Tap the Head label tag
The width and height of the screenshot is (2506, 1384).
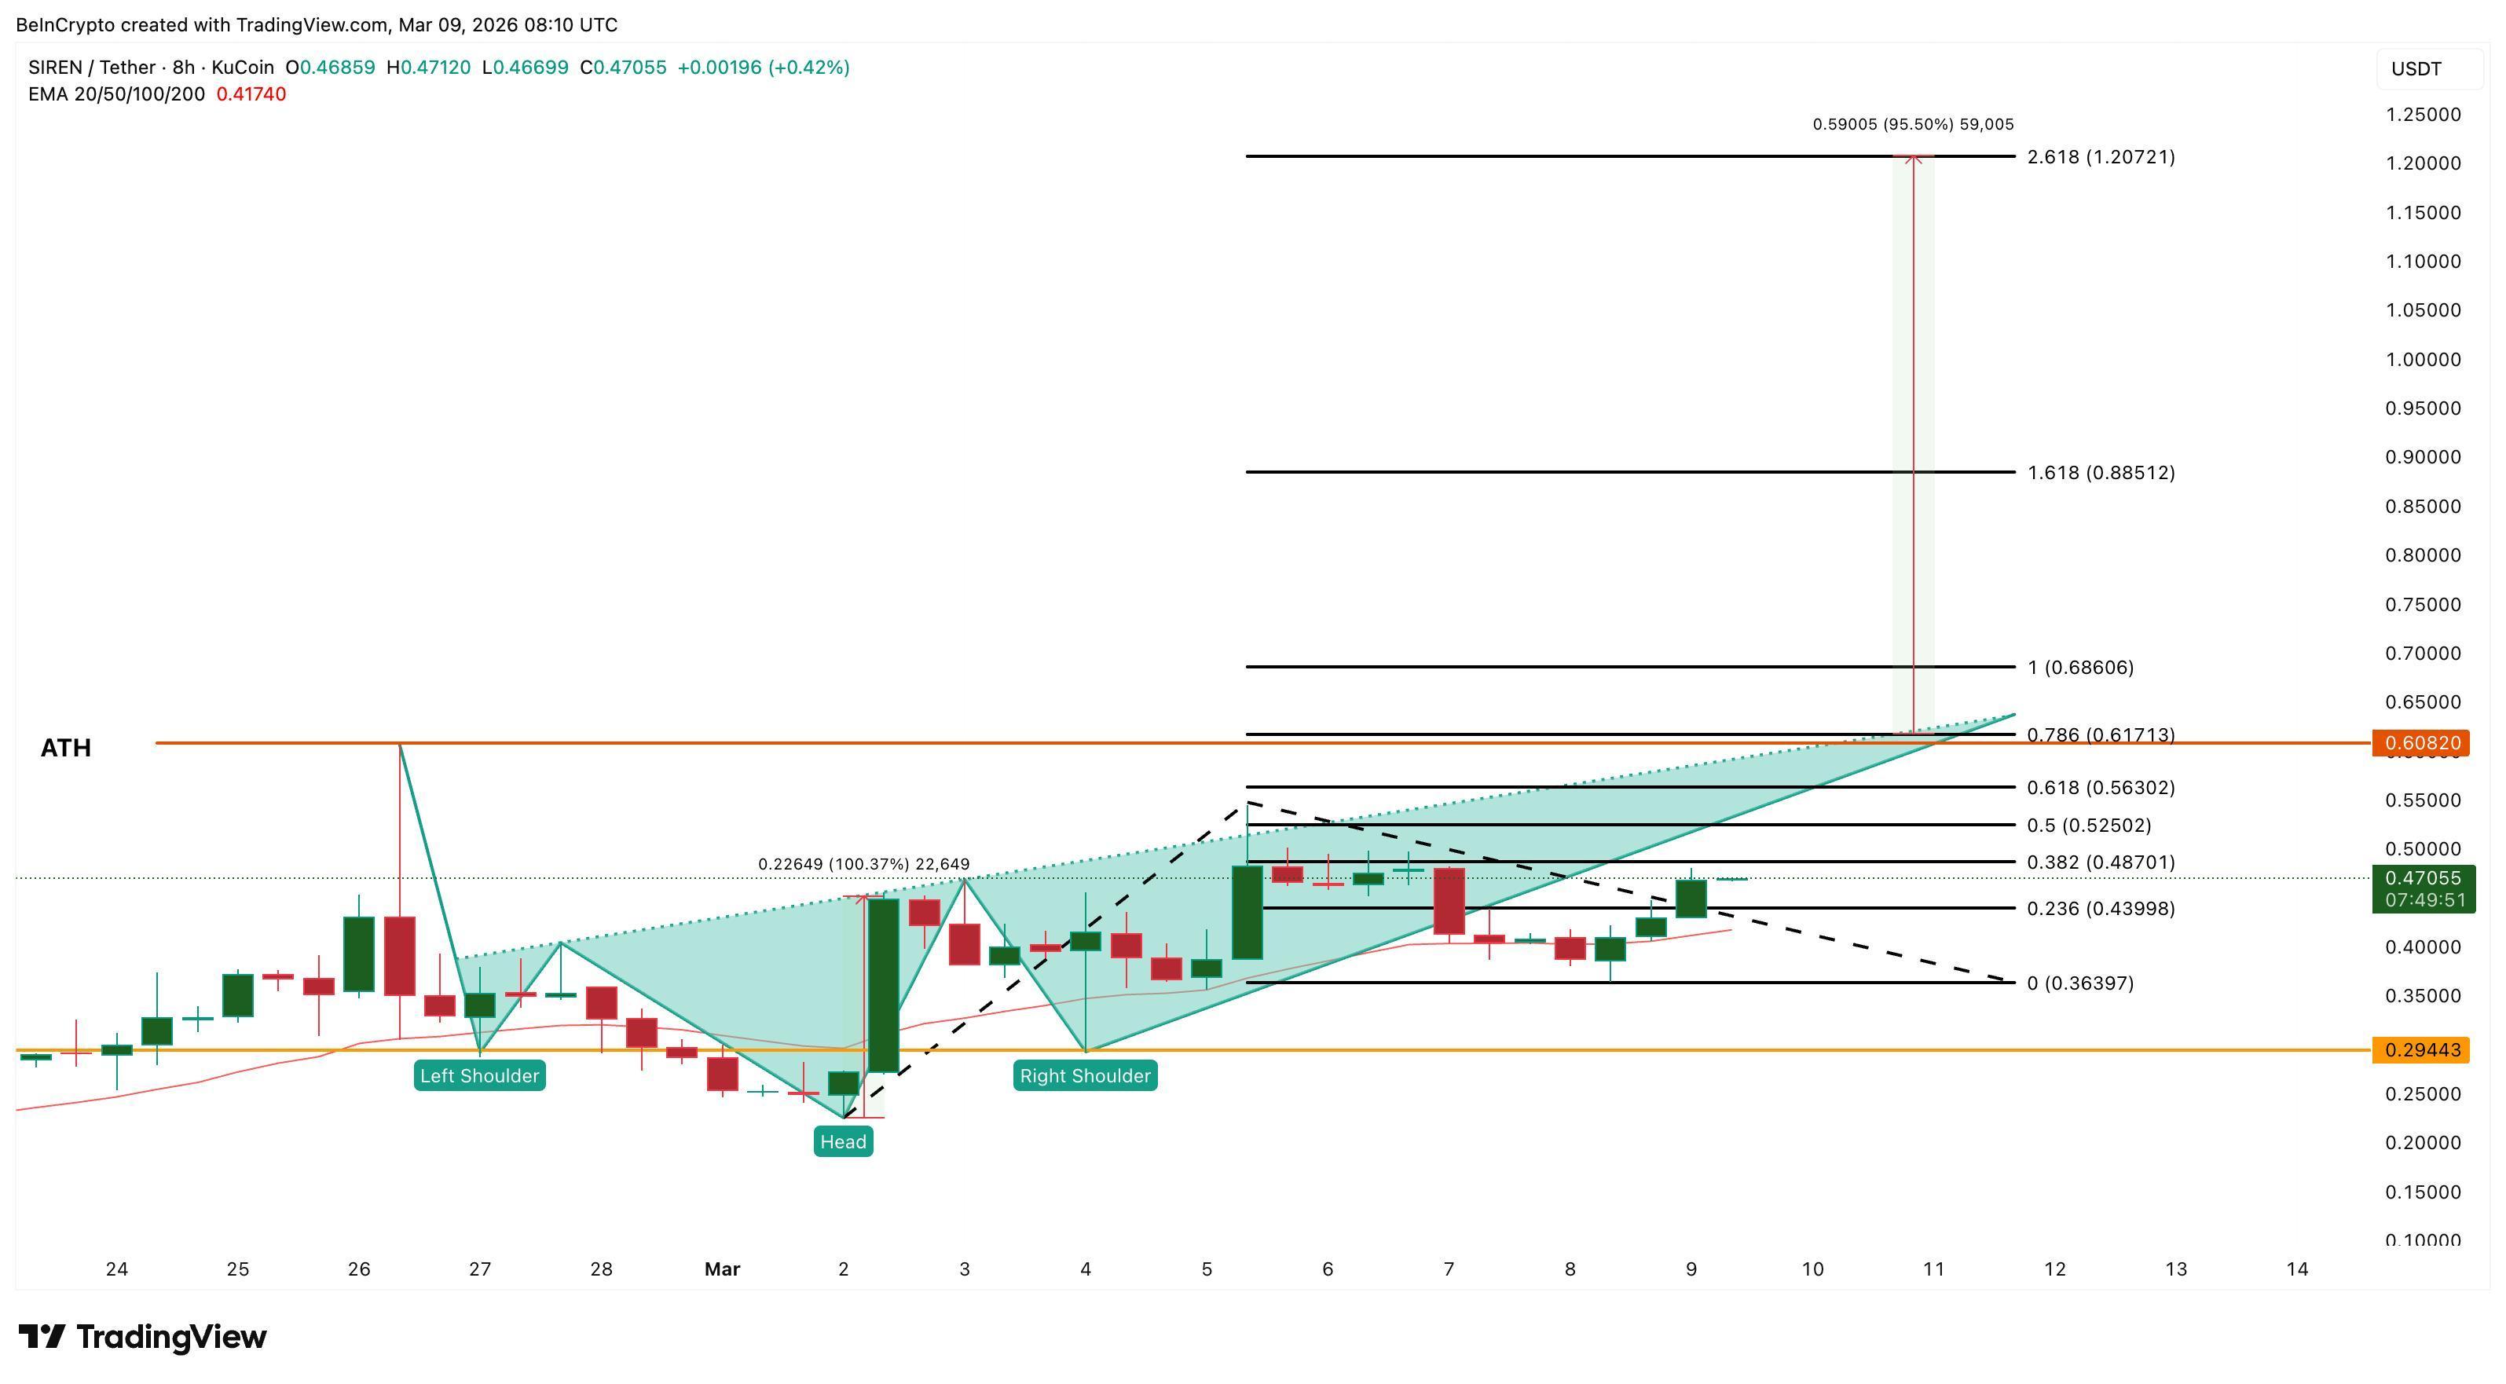[x=842, y=1142]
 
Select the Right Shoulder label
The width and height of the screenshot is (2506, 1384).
[x=1085, y=1075]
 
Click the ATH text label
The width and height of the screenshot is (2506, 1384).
[x=65, y=748]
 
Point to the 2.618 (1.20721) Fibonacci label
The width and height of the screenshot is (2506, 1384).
[x=2101, y=156]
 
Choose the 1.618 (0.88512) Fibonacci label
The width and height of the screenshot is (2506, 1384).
[x=2101, y=473]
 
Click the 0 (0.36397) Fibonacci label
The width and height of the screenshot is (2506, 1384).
[x=2080, y=983]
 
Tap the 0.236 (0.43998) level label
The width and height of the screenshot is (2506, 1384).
[x=2101, y=909]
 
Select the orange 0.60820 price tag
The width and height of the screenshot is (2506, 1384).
[x=2421, y=743]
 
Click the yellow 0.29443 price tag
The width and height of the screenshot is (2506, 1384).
[x=2421, y=1049]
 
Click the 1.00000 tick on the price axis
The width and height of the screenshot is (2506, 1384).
[x=2423, y=360]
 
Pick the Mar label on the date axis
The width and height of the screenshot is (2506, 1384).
[x=722, y=1269]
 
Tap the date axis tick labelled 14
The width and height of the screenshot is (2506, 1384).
[x=2297, y=1269]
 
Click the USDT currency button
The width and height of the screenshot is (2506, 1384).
[x=2416, y=69]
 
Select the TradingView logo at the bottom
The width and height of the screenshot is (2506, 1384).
[x=142, y=1338]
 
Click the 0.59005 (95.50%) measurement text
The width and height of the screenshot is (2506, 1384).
[x=1913, y=124]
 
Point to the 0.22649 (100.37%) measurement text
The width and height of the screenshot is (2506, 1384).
[x=863, y=864]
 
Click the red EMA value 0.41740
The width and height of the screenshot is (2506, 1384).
[x=251, y=94]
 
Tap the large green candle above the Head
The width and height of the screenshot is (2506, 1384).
[x=883, y=985]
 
